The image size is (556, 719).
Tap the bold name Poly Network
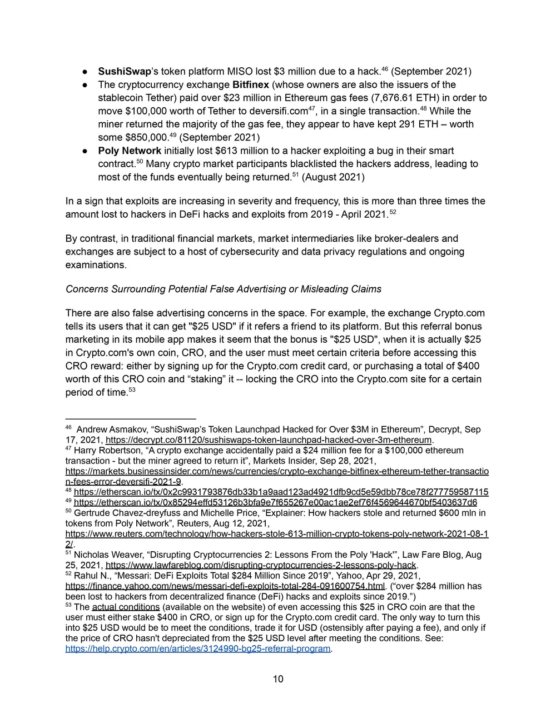coord(130,151)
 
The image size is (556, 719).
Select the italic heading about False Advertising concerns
coord(224,289)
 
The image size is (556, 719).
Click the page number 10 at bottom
coord(278,679)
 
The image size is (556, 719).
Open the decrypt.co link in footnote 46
coord(268,440)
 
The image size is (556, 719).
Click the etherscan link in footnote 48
coord(281,492)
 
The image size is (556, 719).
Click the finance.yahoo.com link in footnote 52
coord(225,586)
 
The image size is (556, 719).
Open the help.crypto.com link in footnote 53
coord(198,649)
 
